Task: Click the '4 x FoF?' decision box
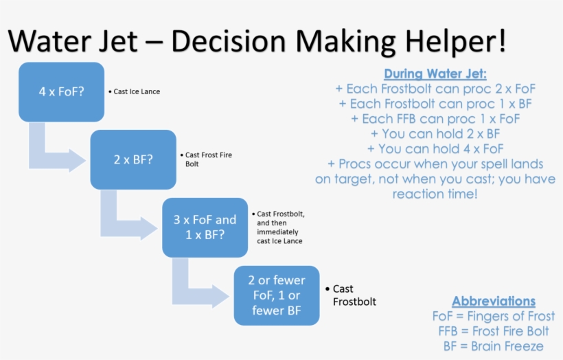62,91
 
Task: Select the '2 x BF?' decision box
133,159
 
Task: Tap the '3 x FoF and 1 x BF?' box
205,227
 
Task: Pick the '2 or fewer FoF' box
277,295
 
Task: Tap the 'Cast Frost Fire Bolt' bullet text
209,159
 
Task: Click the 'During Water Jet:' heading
435,74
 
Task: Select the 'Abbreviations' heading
493,301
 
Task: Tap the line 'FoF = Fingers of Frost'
493,316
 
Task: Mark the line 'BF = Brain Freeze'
493,346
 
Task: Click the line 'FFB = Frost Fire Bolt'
493,331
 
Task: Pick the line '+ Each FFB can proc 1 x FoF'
435,118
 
